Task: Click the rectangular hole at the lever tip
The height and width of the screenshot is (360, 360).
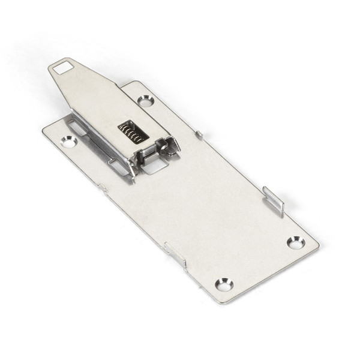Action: [x=62, y=68]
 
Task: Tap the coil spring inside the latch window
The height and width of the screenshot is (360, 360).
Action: [x=133, y=131]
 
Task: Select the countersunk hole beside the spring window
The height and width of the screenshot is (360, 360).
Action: [x=146, y=101]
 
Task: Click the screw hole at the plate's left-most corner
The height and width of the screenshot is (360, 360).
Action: [x=68, y=142]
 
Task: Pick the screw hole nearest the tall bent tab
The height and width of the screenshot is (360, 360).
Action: [x=295, y=242]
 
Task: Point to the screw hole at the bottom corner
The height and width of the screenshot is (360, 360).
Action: [x=224, y=284]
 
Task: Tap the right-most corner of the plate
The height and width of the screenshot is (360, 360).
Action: [x=317, y=245]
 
